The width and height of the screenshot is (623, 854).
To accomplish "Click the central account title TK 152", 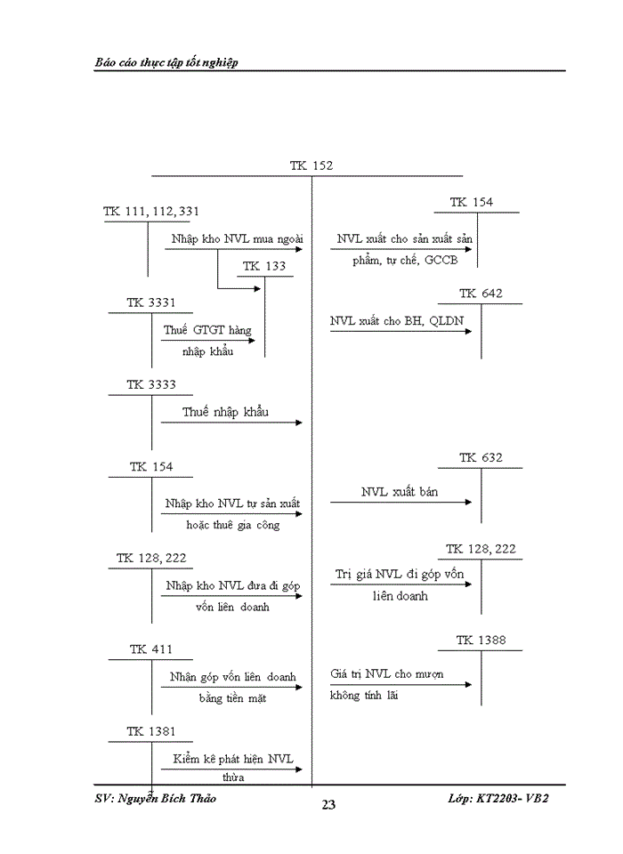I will click(311, 166).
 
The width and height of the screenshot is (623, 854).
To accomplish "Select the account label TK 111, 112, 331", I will click(151, 211).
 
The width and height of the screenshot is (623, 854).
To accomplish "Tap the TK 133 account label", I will click(264, 266).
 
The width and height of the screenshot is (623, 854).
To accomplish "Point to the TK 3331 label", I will click(150, 302).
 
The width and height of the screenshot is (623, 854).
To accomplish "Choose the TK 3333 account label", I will click(150, 384).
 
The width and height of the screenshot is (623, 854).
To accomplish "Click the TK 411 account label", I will click(150, 649).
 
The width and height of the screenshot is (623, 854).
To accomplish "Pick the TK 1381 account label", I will click(150, 731).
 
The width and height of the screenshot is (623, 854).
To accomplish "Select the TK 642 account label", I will click(481, 294).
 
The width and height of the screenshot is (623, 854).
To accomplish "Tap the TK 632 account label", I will click(481, 457).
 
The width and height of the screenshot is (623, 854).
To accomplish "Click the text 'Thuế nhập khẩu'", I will click(225, 412).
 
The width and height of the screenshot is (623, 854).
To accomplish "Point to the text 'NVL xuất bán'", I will click(400, 492).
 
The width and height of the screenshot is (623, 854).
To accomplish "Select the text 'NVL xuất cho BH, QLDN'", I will click(397, 321).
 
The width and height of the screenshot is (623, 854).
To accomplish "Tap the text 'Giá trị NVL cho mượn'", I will click(387, 674).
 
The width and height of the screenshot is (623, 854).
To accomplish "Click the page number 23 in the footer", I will click(328, 805).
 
